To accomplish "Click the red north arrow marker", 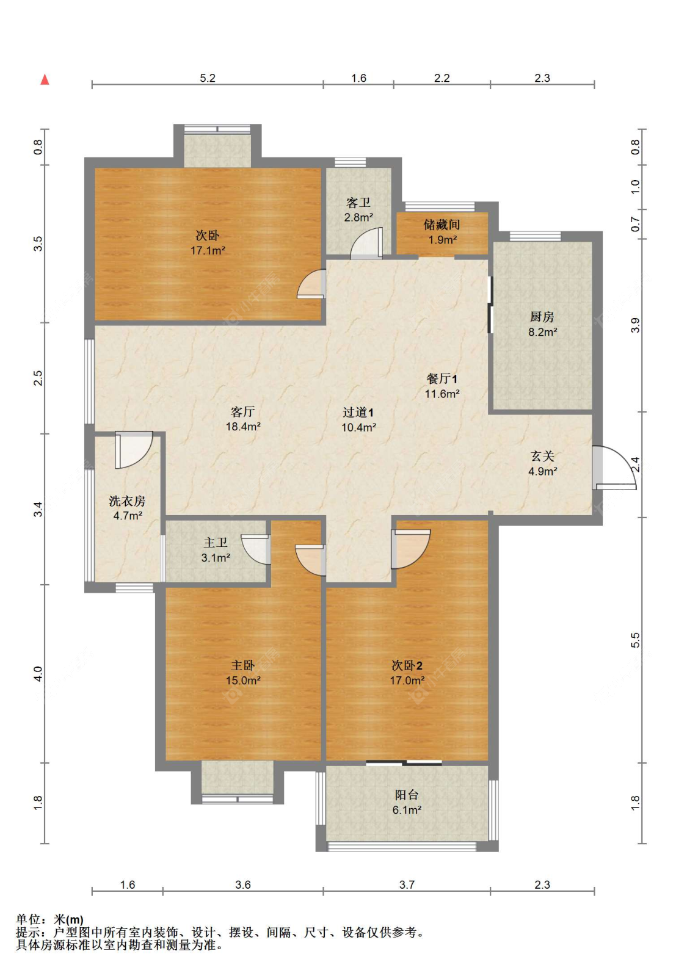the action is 45,79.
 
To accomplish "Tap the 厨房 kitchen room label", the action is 542,317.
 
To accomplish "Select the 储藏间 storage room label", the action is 442,225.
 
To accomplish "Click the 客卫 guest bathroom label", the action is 358,203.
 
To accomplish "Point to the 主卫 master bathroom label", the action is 216,543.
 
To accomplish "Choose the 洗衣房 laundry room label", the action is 127,501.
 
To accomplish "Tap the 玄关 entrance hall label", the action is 542,456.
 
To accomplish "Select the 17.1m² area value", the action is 208,250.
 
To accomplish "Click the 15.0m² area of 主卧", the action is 243,680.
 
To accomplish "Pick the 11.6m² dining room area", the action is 442,394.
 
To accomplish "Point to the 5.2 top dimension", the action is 208,78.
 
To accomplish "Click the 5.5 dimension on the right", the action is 635,640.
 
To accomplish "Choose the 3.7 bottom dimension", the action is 407,884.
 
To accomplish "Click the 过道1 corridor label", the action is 358,412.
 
